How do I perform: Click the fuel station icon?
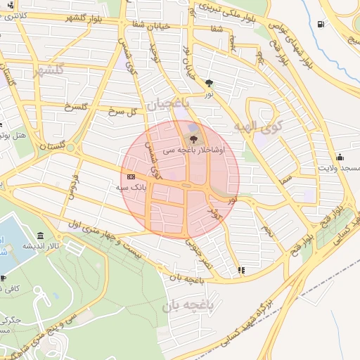pos(321,25)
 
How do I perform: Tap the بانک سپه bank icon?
pos(131,176)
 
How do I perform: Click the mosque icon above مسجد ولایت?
pos(340,156)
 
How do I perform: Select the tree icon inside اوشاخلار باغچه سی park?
pos(194,138)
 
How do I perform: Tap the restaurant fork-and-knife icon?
pos(242,269)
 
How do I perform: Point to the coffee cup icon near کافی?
pos(4,278)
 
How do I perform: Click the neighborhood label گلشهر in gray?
pos(49,69)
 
